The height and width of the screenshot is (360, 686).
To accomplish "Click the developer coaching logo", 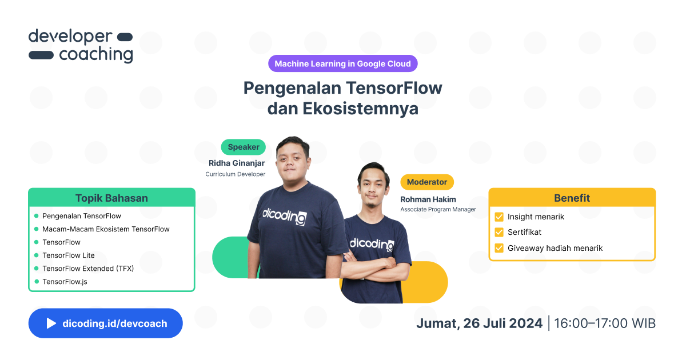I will [81, 46].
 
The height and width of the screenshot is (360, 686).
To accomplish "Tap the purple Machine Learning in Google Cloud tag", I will [342, 63].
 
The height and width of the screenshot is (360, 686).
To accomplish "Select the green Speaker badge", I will [243, 147].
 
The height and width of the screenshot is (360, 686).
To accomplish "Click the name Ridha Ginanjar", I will [237, 163].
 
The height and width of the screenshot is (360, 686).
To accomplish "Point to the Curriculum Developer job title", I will [236, 174].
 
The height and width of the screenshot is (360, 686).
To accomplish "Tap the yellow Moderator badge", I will [426, 182].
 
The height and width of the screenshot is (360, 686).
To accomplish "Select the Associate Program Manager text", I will [438, 209].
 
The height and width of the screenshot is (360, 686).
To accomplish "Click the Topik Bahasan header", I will [111, 198].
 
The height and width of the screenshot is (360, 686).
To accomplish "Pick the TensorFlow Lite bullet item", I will [69, 255].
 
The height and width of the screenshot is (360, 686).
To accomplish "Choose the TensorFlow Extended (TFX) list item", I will [88, 269].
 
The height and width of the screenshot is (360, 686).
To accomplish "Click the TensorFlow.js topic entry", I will [65, 282].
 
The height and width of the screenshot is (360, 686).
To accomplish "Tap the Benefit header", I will [572, 198].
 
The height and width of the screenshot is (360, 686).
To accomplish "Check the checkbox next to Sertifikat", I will [498, 233].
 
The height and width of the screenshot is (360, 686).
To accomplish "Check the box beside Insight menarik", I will [498, 217].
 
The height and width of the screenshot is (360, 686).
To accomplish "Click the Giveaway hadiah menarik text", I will [555, 248].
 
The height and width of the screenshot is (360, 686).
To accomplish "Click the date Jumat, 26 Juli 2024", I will [479, 323].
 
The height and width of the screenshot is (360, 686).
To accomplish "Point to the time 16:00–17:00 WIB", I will [605, 323].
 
